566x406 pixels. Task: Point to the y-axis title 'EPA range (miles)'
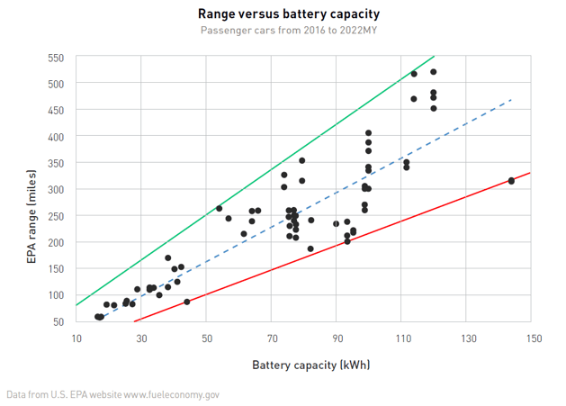click(31, 189)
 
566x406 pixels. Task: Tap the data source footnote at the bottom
click(112, 394)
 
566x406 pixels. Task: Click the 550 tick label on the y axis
click(56, 58)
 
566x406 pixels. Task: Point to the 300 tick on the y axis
click(56, 189)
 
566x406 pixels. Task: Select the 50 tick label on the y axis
click(58, 321)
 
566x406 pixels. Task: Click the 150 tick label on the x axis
click(533, 338)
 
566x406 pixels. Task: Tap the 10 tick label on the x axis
click(76, 338)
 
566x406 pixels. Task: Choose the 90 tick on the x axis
click(337, 338)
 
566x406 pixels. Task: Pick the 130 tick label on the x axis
click(468, 338)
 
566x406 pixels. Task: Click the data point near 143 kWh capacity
click(511, 181)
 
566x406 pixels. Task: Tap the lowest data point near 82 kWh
click(310, 248)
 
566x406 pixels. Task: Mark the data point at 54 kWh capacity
click(220, 209)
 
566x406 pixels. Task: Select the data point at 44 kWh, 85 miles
click(186, 302)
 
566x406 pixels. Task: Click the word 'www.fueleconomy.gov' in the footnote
click(171, 394)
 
